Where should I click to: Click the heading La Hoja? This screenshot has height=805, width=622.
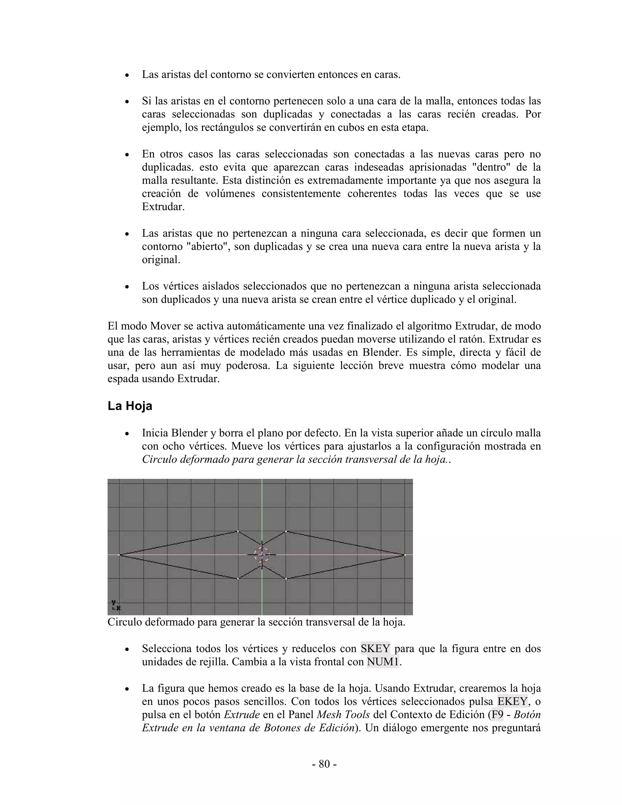coord(130,406)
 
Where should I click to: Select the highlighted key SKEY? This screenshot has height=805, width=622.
coord(375,648)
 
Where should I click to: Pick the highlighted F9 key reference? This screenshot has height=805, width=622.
coord(497,714)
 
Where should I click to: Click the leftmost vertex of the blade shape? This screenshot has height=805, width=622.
coord(119,555)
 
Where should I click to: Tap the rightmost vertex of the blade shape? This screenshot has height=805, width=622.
coord(405,555)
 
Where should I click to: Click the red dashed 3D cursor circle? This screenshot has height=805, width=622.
coord(262,554)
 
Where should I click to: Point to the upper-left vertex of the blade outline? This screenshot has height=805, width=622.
coord(238,532)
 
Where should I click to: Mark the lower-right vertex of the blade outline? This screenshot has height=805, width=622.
coord(286,579)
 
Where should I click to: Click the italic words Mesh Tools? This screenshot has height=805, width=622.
coord(343,714)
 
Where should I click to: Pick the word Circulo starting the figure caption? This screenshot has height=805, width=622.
coord(125,622)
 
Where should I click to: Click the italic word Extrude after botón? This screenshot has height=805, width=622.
coord(242,714)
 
